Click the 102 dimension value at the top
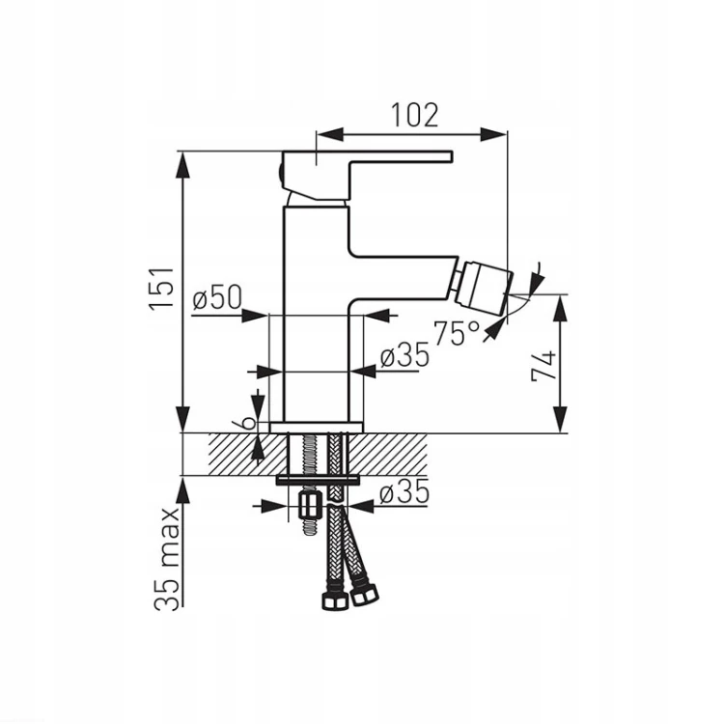pos(415,116)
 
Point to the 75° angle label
pos(457,332)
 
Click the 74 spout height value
pos(543,366)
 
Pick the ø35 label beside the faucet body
pos(404,355)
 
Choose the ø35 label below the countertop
pos(404,492)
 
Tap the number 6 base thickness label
pos(248,422)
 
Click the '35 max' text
pos(167,560)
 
